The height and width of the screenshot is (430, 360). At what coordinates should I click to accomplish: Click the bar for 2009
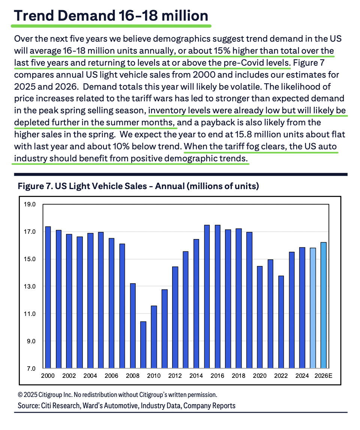point(143,345)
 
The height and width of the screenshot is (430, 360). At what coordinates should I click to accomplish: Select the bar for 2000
point(48,297)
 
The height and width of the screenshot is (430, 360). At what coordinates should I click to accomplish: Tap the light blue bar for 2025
point(313,308)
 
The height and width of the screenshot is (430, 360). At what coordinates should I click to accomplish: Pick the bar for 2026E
point(324,305)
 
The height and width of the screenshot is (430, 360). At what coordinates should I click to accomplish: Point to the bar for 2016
point(217,296)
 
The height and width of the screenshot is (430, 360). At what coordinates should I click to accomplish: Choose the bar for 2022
point(281,322)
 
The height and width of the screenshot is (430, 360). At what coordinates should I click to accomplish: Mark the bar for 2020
point(260,317)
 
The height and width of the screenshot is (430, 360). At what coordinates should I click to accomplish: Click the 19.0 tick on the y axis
point(30,204)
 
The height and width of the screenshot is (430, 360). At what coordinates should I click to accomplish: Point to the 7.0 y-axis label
point(31,368)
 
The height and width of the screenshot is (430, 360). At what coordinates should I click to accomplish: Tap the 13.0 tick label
point(30,286)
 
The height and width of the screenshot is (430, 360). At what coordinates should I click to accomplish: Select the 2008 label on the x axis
point(133,376)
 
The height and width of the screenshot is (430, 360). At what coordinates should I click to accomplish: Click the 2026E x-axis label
point(324,376)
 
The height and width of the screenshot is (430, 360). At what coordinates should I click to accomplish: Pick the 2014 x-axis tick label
point(196,376)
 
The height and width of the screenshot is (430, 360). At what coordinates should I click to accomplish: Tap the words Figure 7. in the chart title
point(35,186)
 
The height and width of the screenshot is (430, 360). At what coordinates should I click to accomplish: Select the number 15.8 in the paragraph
point(242,134)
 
